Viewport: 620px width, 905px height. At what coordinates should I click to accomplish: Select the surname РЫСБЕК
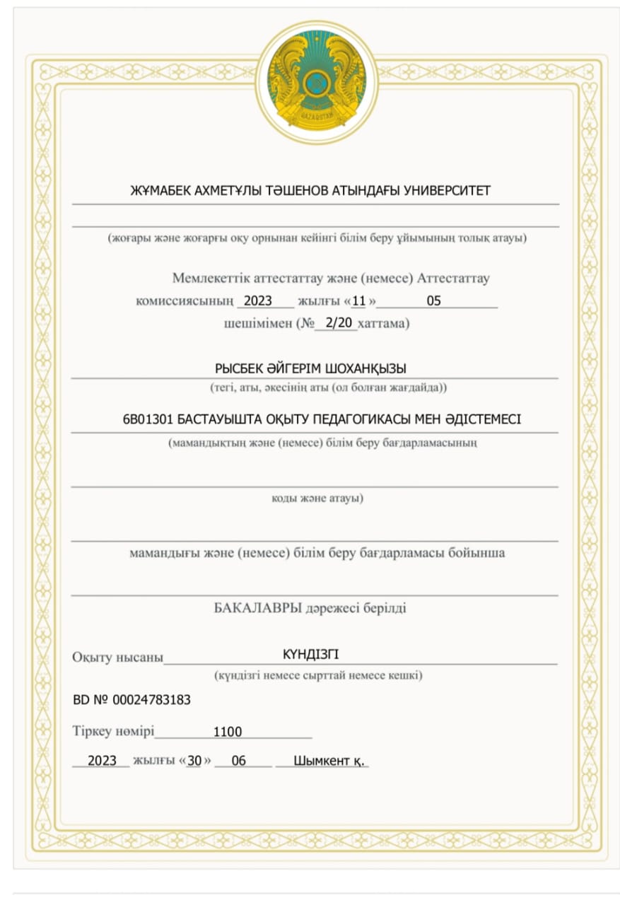[x=241, y=368]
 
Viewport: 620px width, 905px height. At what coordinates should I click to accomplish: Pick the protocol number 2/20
[x=335, y=323]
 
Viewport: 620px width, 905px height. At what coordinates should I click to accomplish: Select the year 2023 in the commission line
[x=257, y=300]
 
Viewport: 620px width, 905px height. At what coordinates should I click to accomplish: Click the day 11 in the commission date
[x=358, y=300]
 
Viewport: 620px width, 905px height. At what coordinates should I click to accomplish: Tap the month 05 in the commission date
[x=433, y=300]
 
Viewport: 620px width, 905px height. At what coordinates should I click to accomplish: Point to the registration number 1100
[x=228, y=732]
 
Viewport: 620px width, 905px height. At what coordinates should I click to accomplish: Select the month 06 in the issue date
[x=239, y=761]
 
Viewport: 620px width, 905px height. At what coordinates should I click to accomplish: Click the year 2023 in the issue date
[x=102, y=761]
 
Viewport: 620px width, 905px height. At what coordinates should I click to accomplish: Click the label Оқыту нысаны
[x=117, y=657]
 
